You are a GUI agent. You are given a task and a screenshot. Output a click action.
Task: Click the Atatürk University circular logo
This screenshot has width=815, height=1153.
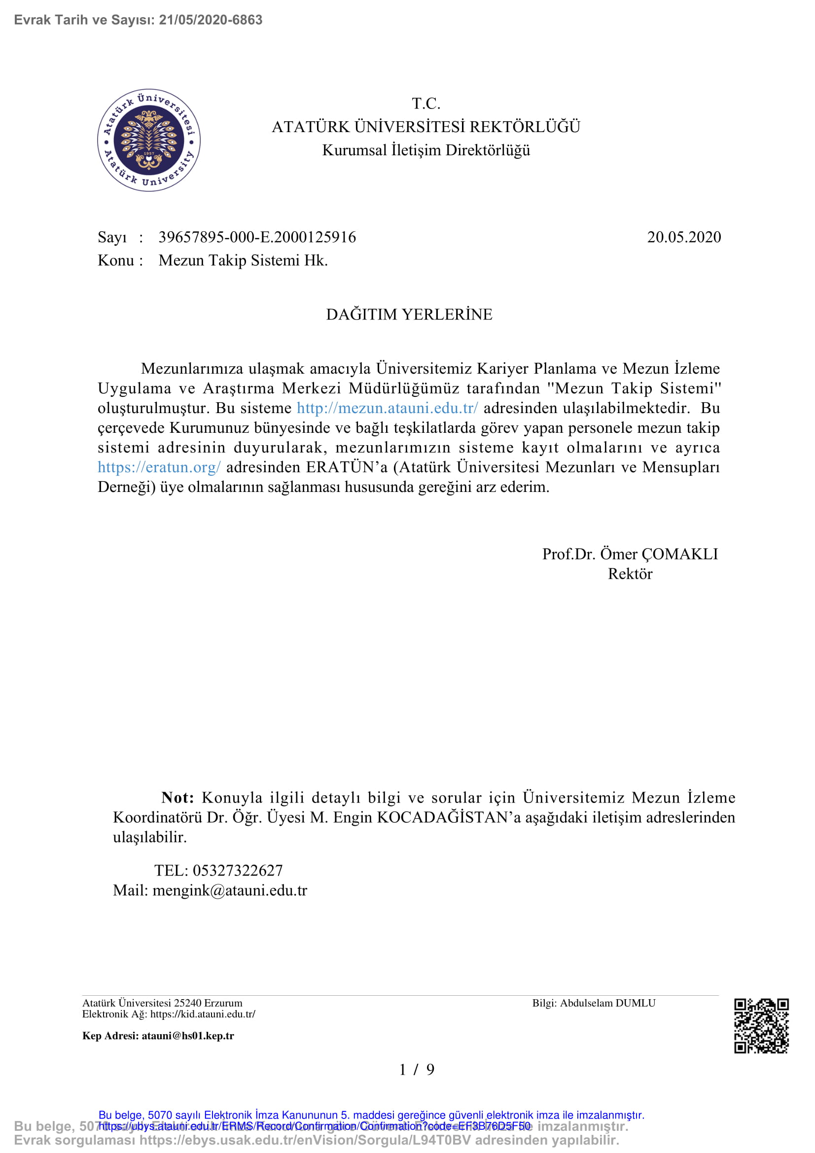coord(148,140)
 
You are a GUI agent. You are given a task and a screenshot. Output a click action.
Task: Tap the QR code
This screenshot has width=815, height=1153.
coord(761,1026)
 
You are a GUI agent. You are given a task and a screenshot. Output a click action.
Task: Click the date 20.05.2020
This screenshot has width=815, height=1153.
coord(683,237)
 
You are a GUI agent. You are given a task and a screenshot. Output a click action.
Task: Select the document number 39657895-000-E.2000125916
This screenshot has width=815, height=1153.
coord(257,237)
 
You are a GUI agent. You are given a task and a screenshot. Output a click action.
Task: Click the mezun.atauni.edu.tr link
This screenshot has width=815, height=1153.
coord(387,408)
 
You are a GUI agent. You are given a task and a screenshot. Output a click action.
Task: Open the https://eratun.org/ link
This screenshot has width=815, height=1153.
coord(159,467)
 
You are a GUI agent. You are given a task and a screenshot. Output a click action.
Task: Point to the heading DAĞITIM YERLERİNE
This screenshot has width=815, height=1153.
coord(409,314)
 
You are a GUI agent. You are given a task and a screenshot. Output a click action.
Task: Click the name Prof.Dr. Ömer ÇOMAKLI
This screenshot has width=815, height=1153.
coord(630,554)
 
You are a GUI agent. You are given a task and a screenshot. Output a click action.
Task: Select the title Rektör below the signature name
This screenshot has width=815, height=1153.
coord(630,573)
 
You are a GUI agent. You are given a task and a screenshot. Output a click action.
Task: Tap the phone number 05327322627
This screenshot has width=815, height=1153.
coord(238,870)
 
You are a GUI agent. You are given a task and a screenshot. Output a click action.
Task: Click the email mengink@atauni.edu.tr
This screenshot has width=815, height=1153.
coord(229,890)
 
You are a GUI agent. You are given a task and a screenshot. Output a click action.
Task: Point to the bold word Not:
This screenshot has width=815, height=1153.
coord(178,798)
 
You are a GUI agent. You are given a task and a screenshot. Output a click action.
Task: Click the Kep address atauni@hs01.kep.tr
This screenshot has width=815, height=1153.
coord(187,1036)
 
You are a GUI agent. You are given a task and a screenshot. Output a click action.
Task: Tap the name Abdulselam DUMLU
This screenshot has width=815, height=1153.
coord(607,1003)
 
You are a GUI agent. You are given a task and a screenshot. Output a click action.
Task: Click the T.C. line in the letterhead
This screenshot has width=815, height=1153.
coord(426,104)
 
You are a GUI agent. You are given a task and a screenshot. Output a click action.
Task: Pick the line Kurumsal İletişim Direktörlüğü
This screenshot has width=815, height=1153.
coord(426,150)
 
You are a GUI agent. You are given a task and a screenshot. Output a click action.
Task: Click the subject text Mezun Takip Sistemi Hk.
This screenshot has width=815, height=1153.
coord(243,260)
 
